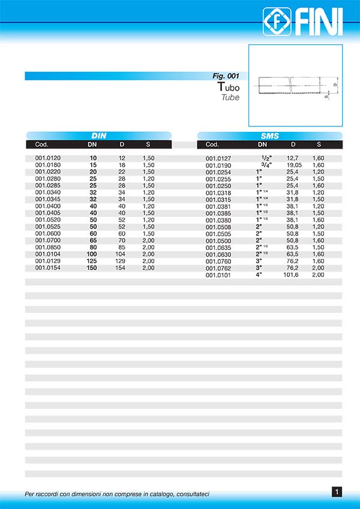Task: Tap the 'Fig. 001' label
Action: point(226,76)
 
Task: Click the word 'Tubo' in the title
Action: point(228,88)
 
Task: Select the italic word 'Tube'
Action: point(230,97)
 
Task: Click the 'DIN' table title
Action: point(99,136)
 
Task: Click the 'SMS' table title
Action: point(270,136)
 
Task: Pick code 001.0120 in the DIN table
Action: point(48,158)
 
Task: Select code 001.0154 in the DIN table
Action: point(48,267)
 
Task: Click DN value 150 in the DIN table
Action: point(92,267)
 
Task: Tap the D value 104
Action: point(122,254)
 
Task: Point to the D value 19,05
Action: point(293,165)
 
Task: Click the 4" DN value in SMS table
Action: point(259,275)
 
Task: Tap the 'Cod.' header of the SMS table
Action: point(212,144)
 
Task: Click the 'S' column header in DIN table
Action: point(148,144)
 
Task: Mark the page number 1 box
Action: point(337,492)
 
